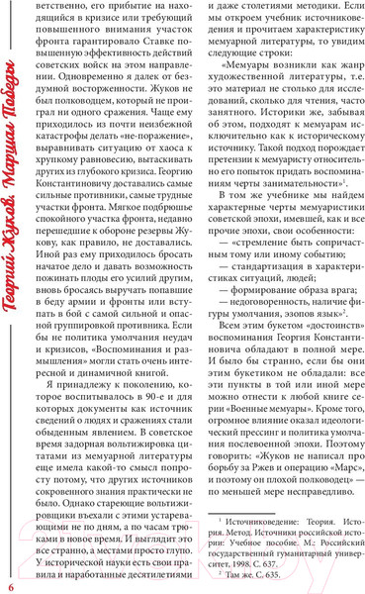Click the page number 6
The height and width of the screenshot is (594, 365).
click(9, 577)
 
